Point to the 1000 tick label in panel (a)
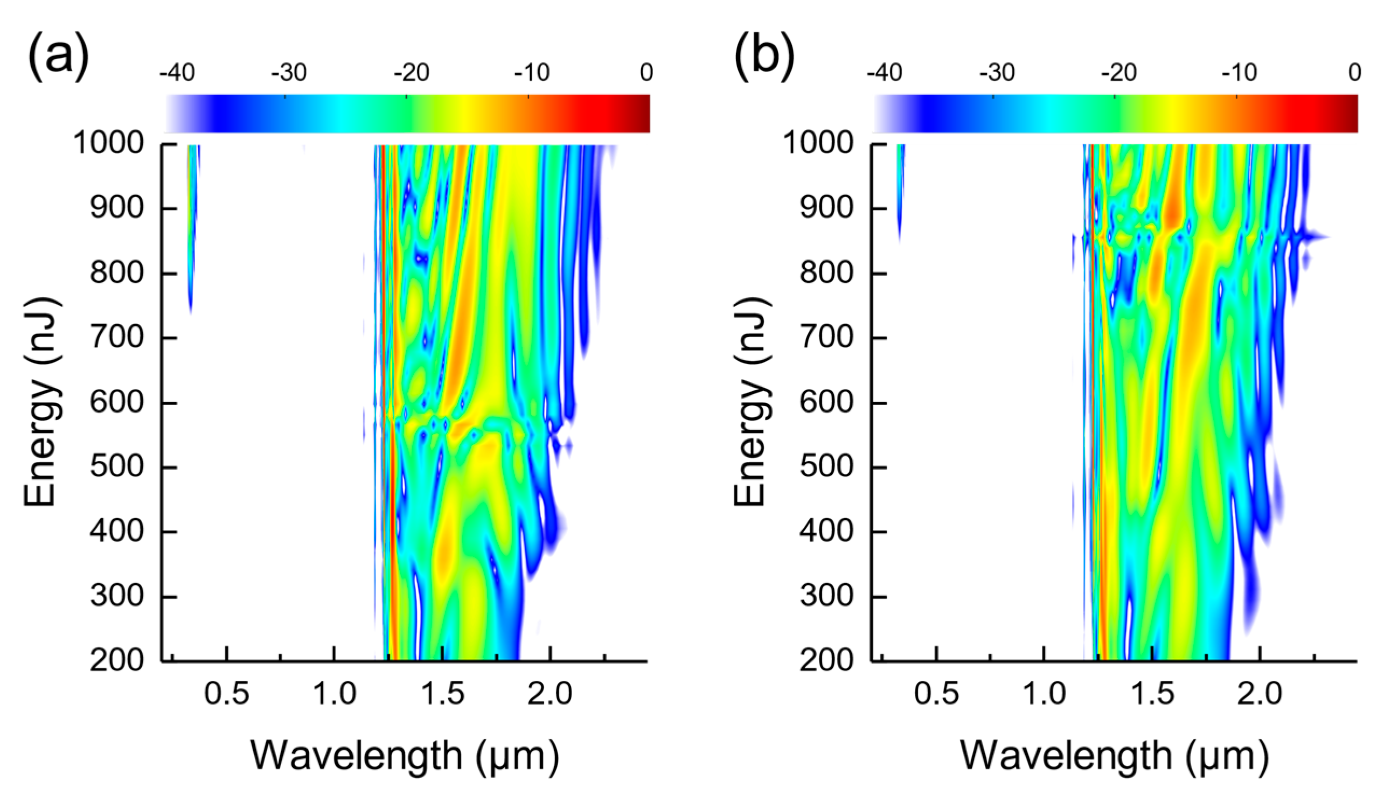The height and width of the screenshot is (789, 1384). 108,144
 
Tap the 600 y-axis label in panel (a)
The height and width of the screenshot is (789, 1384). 117,403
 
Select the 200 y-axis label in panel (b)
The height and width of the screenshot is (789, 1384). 826,661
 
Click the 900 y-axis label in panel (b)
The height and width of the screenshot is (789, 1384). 826,208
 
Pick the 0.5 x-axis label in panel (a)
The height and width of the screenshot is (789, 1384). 226,694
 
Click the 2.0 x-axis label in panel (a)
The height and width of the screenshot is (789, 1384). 550,694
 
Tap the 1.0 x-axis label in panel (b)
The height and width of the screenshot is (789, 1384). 1044,694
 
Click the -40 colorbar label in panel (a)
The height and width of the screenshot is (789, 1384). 177,73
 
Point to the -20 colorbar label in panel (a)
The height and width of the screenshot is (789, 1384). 411,73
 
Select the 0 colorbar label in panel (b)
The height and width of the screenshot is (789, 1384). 1354,73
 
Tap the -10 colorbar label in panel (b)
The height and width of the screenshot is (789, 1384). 1239,73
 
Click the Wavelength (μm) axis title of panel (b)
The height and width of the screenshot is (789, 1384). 1114,756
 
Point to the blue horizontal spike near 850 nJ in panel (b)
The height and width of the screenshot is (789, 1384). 1311,237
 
